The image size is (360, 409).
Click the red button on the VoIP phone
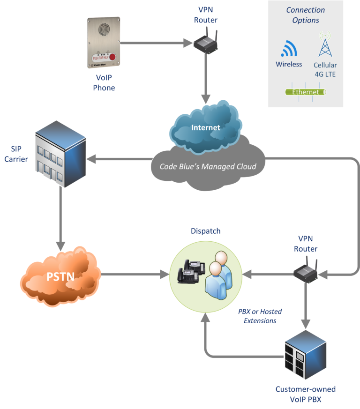[x=112, y=57]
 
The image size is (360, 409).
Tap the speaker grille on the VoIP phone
[x=103, y=30]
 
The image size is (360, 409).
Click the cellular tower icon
[x=324, y=45]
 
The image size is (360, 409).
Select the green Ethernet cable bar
[x=306, y=92]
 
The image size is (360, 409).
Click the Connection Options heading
[x=306, y=15]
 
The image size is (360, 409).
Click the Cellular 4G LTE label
[x=325, y=69]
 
